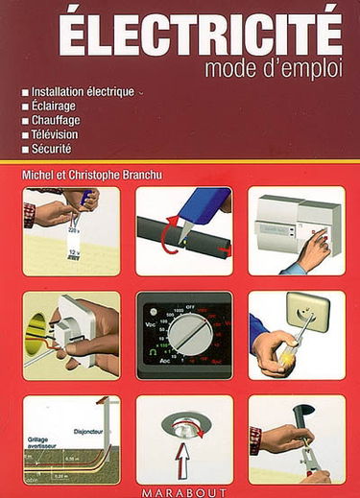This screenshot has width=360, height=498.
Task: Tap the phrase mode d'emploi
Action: pos(273,68)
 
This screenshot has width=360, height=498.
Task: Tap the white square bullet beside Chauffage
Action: pos(25,120)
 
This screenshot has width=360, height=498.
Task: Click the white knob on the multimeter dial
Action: pos(187,343)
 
